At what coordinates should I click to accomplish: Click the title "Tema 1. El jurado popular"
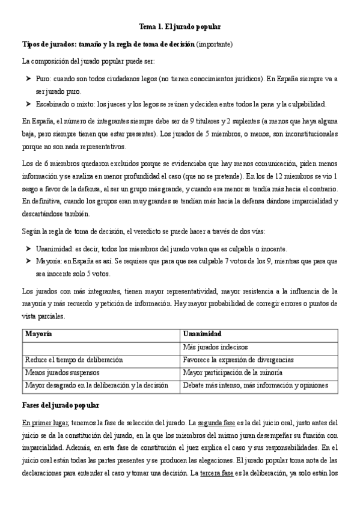click(180, 27)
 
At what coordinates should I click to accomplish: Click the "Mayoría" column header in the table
click(38, 334)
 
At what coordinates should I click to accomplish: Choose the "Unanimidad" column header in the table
click(203, 334)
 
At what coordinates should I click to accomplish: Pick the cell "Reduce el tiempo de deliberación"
click(74, 360)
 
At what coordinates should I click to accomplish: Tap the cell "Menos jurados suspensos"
click(61, 372)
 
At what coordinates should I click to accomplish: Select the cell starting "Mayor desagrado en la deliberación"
click(96, 385)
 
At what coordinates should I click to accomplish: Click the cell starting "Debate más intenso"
click(255, 385)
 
